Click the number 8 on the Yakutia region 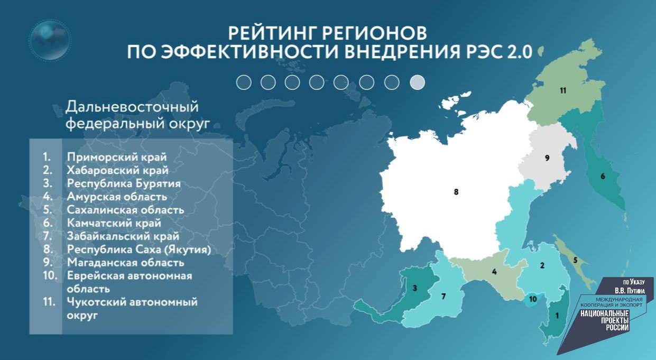coord(456,192)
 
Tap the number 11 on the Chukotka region coord(563,90)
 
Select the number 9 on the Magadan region coord(547,158)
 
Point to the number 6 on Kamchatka coord(602,177)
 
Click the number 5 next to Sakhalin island coord(575,260)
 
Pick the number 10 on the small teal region coord(533,299)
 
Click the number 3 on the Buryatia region coord(415,288)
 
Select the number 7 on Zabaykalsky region coord(444,297)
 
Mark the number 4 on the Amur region coord(494,272)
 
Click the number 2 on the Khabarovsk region coord(542,265)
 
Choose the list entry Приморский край coord(117,157)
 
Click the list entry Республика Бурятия coord(124,183)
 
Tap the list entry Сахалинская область coord(126,210)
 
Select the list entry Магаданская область coord(126,262)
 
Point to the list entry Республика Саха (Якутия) coord(139,249)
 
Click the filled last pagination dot coord(417,82)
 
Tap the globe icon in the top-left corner coord(50,40)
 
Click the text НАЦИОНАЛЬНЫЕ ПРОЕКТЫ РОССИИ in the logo coord(604,320)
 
